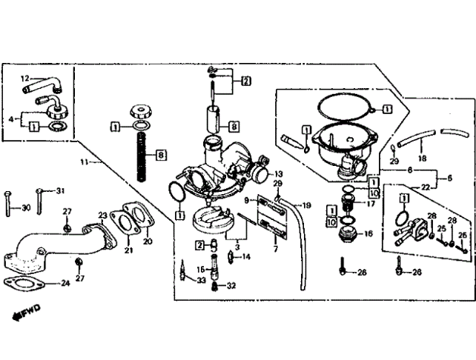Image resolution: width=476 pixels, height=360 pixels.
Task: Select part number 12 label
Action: (x=25, y=79)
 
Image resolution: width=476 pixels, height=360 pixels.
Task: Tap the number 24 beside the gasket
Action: (x=65, y=283)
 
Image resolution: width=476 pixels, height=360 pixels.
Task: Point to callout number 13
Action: (x=278, y=174)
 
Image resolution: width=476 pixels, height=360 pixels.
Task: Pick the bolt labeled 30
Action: (x=7, y=204)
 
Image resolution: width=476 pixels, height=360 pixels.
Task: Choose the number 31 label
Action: (x=60, y=191)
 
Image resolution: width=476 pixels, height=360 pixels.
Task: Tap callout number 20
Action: (x=148, y=241)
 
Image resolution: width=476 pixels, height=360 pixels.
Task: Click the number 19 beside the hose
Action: (x=307, y=205)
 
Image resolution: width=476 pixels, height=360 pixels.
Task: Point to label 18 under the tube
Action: (x=423, y=158)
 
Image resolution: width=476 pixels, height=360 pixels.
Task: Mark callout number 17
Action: (x=371, y=204)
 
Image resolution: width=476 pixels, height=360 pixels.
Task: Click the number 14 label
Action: (x=246, y=257)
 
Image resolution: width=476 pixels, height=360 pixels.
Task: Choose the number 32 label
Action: (x=231, y=285)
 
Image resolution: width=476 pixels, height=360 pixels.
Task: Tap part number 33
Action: (x=201, y=281)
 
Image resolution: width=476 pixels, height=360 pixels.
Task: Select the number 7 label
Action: (x=275, y=249)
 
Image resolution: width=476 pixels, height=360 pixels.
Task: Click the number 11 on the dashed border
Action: (x=84, y=161)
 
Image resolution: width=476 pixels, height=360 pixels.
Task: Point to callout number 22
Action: (x=426, y=187)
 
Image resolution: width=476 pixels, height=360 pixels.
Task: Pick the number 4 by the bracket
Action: (x=11, y=119)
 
